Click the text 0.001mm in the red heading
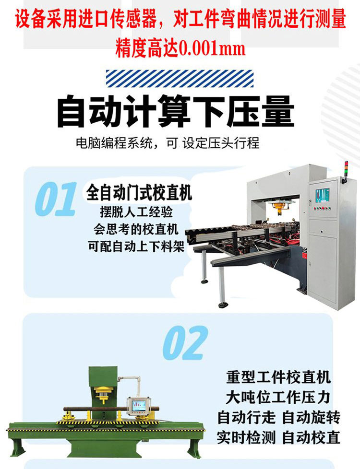tap(212, 48)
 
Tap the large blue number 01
tap(55, 199)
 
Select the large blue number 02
tap(185, 343)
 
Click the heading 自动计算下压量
tap(176, 111)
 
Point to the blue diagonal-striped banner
tap(180, 79)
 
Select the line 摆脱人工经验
tap(136, 212)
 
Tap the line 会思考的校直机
tap(136, 229)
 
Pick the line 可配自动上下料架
tap(136, 247)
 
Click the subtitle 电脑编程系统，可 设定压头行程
tap(168, 143)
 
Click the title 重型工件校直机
tap(278, 377)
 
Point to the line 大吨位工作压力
tap(277, 397)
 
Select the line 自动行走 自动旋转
tap(278, 418)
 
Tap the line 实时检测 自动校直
tap(278, 438)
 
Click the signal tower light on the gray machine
tap(346, 171)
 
